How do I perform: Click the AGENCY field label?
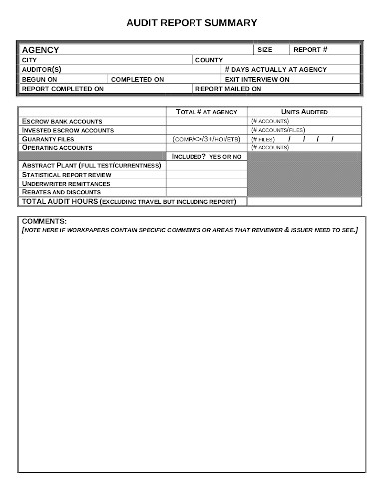tap(41, 49)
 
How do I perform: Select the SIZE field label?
tap(264, 49)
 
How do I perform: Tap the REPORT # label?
tap(309, 49)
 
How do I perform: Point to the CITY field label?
tap(29, 60)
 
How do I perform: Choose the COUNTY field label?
tap(209, 60)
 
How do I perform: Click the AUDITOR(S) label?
tap(41, 69)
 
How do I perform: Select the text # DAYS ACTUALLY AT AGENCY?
tap(276, 69)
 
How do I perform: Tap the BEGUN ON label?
tap(40, 79)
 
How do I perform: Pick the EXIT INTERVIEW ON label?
tap(257, 79)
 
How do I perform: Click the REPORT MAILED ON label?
tap(228, 88)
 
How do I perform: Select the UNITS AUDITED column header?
tap(304, 112)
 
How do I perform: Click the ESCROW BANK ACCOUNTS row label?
tap(60, 121)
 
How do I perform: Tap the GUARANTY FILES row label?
tap(49, 138)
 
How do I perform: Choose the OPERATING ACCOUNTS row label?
tap(57, 147)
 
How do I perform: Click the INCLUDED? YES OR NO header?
tap(206, 156)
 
